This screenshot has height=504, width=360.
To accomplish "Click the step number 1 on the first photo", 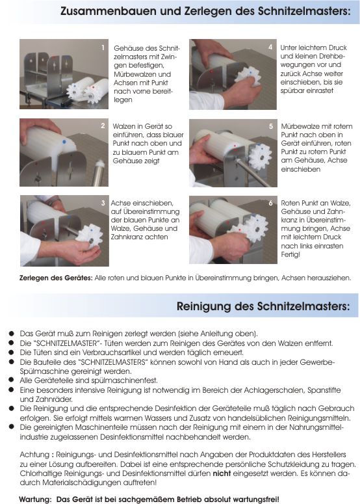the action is point(103,47).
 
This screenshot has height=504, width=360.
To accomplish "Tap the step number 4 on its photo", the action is point(270,47).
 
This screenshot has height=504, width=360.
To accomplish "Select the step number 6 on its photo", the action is point(271,203).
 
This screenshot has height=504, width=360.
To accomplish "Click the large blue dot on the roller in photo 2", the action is point(64,141).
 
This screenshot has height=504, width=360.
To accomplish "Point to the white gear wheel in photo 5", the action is point(260,157).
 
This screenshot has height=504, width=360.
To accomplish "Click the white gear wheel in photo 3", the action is point(90,236).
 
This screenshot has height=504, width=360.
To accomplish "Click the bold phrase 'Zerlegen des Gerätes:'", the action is point(56,278).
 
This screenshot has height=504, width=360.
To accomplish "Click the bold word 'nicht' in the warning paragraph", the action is point(222,473).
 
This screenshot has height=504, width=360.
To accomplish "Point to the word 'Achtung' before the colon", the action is point(34,455).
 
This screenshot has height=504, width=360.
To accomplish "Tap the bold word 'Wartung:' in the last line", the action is point(35,499).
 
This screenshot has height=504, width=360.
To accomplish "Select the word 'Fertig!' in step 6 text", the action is point(290,254).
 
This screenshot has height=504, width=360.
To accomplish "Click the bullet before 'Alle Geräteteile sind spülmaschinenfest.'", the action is point(12,380).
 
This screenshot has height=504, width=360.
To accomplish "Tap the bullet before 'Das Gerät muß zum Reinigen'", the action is point(12,333).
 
